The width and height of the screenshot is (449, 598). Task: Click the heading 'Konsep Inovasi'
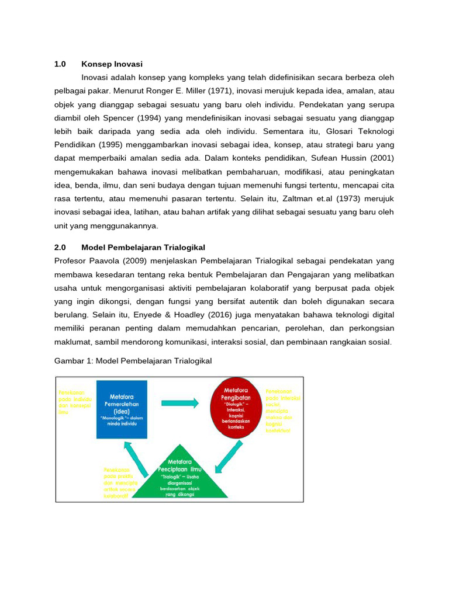click(x=112, y=64)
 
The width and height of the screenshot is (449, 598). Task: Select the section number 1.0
click(x=60, y=64)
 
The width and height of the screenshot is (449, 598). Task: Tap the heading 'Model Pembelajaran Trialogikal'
click(x=143, y=247)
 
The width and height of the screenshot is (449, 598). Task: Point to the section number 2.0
click(x=60, y=247)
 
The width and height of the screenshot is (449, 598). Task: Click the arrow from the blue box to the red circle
click(x=179, y=403)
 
